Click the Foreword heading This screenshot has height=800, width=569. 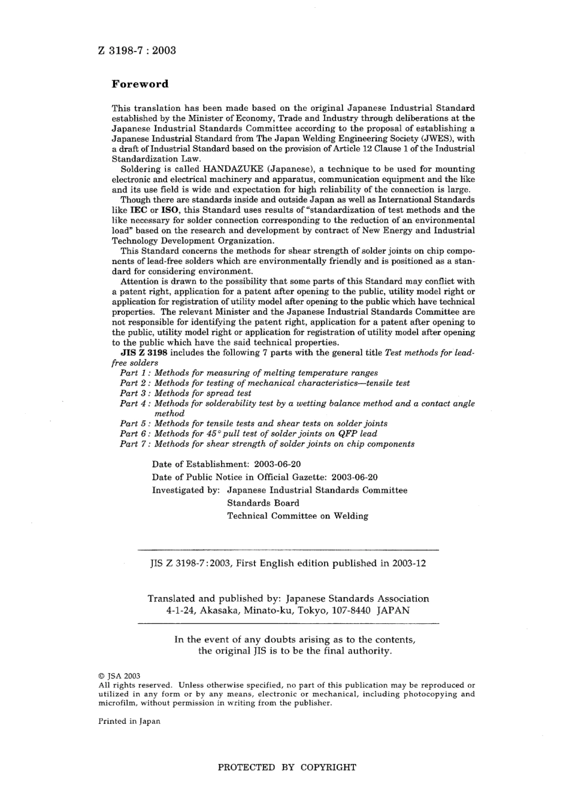point(140,84)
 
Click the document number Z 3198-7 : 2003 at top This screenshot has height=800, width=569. point(137,50)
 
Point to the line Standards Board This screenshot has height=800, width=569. point(263,503)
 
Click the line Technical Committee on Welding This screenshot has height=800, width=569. point(297,516)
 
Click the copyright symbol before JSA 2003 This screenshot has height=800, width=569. point(101,676)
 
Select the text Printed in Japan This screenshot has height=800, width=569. point(129,722)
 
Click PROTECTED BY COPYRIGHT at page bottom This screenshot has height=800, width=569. point(287,767)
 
